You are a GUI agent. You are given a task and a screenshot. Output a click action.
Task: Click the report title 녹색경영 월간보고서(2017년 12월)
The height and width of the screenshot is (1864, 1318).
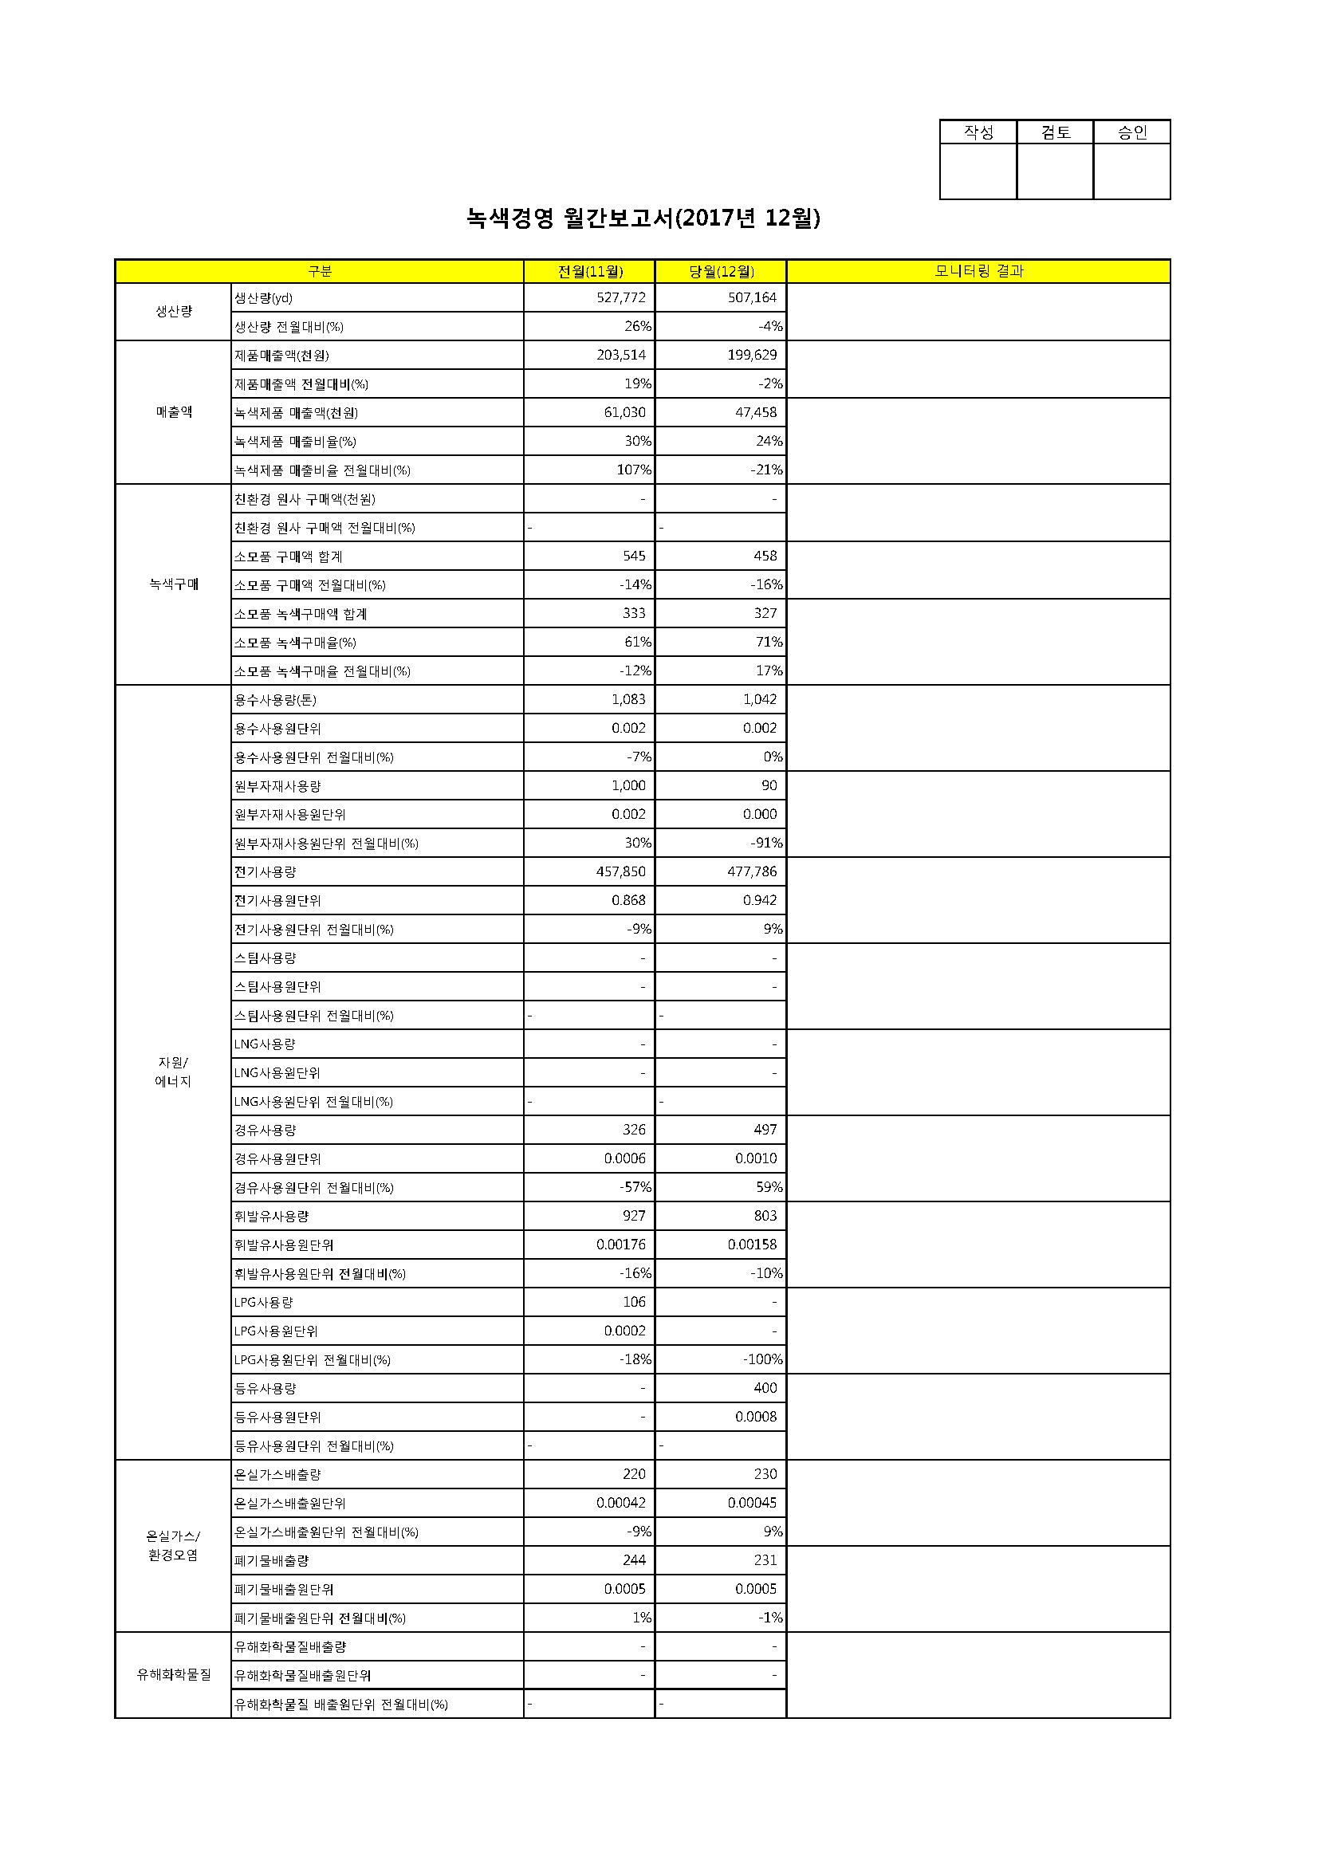pyautogui.click(x=643, y=218)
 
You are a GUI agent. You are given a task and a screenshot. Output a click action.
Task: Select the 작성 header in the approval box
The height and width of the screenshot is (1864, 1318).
pyautogui.click(x=978, y=132)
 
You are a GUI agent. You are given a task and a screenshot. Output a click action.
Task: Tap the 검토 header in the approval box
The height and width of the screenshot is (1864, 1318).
pyautogui.click(x=1055, y=132)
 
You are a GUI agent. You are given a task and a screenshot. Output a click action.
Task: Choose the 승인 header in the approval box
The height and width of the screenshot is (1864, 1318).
pyautogui.click(x=1131, y=132)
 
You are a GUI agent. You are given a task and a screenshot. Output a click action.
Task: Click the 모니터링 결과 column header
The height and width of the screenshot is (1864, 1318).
pyautogui.click(x=978, y=271)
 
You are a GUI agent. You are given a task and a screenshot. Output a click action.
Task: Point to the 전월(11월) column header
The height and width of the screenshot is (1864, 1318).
pyautogui.click(x=589, y=271)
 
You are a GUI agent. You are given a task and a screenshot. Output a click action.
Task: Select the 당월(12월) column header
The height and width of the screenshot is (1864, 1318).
pyautogui.click(x=721, y=271)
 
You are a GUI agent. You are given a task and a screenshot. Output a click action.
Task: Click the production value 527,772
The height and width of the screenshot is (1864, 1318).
pyautogui.click(x=620, y=298)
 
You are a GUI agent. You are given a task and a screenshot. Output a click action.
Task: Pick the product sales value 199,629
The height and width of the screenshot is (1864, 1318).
pyautogui.click(x=752, y=355)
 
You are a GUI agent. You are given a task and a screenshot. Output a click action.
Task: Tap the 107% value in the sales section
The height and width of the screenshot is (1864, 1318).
pyautogui.click(x=633, y=470)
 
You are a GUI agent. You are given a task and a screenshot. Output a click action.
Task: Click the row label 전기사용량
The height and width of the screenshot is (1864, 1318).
pyautogui.click(x=266, y=872)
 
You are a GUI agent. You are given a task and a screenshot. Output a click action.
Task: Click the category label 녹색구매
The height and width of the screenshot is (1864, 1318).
pyautogui.click(x=174, y=584)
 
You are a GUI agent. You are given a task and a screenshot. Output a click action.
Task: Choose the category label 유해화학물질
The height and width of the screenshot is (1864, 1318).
pyautogui.click(x=174, y=1675)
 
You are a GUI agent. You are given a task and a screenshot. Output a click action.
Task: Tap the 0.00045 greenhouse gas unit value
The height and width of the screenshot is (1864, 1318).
pyautogui.click(x=752, y=1504)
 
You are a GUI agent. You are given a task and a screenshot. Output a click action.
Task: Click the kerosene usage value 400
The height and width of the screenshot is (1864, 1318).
pyautogui.click(x=765, y=1388)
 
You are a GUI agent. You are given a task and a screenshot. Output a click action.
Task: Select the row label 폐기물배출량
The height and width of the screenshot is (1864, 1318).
pyautogui.click(x=271, y=1560)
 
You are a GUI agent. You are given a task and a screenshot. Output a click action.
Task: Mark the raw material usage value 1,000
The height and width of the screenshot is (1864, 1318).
pyautogui.click(x=628, y=786)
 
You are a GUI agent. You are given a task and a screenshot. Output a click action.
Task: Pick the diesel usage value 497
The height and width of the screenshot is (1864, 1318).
pyautogui.click(x=765, y=1130)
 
